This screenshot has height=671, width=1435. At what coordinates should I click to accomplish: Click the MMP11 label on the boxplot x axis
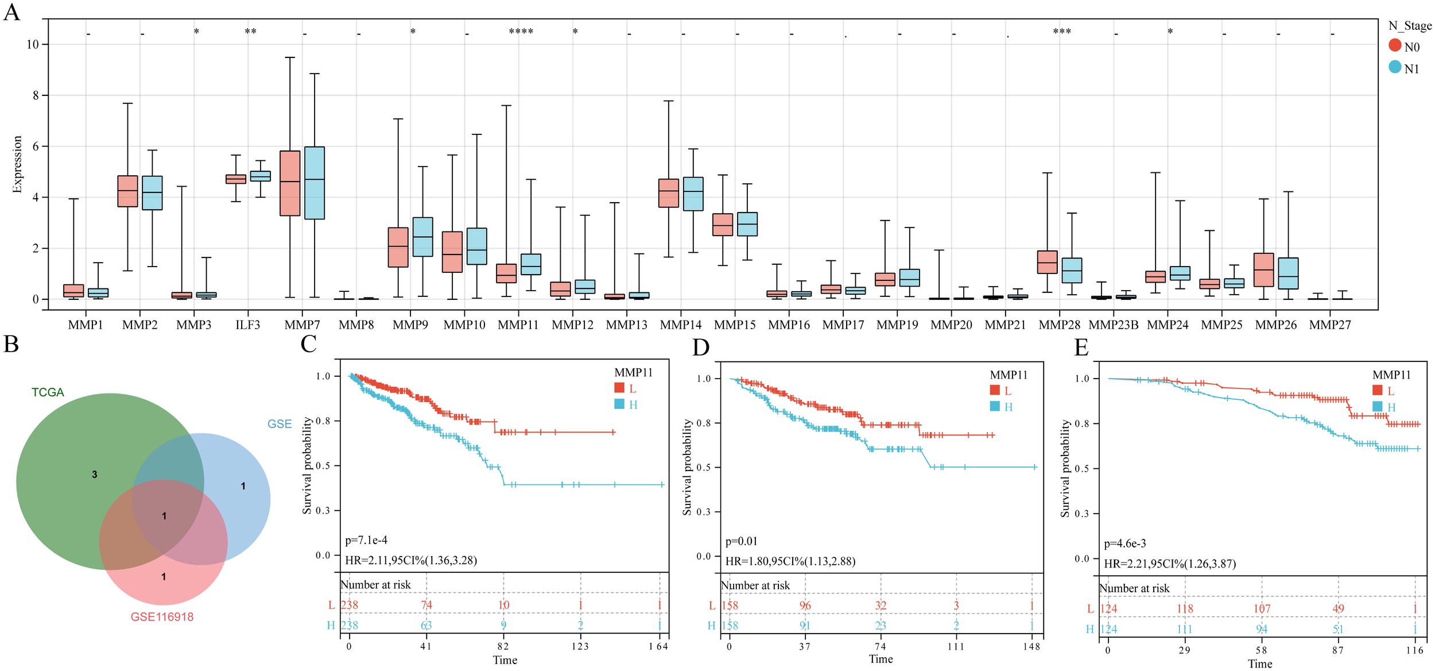coord(518,325)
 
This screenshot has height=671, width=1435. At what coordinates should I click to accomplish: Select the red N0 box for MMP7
coord(290,183)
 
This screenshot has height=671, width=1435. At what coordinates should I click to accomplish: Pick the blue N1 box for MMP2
coord(152,193)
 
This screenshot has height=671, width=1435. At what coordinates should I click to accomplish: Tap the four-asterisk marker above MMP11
coord(521,32)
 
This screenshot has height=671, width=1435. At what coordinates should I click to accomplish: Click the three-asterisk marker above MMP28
coord(1061,32)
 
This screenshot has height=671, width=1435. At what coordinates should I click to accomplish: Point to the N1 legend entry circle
coord(1395,67)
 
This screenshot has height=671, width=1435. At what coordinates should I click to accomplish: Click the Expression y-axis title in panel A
coord(17,164)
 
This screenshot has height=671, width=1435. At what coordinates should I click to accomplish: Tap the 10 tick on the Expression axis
coord(33,45)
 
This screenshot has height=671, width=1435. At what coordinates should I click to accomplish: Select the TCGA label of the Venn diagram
coord(48,392)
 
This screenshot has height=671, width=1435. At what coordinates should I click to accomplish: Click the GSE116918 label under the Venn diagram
coord(162,617)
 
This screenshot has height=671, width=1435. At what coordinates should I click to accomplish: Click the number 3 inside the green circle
coord(95,475)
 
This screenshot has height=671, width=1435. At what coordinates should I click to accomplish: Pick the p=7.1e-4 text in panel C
coord(366,540)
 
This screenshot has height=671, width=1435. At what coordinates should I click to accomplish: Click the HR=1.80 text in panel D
coord(790,561)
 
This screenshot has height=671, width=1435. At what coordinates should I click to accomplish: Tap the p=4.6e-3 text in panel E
coord(1125,543)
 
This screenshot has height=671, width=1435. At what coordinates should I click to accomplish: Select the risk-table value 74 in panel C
coord(426,605)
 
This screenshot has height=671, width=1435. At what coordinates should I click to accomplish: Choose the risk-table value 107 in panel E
coord(1261,608)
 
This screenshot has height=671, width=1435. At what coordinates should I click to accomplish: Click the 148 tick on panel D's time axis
coord(1031,647)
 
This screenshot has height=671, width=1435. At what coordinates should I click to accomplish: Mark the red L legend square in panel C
coord(619,388)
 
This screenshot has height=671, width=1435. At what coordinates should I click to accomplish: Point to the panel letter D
coord(701,348)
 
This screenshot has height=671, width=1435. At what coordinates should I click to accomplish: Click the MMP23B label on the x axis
coord(1113,325)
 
